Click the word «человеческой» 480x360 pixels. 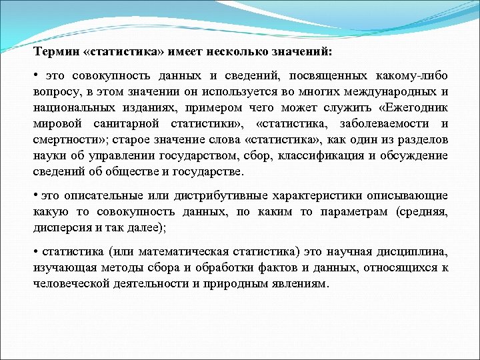[71, 284]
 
